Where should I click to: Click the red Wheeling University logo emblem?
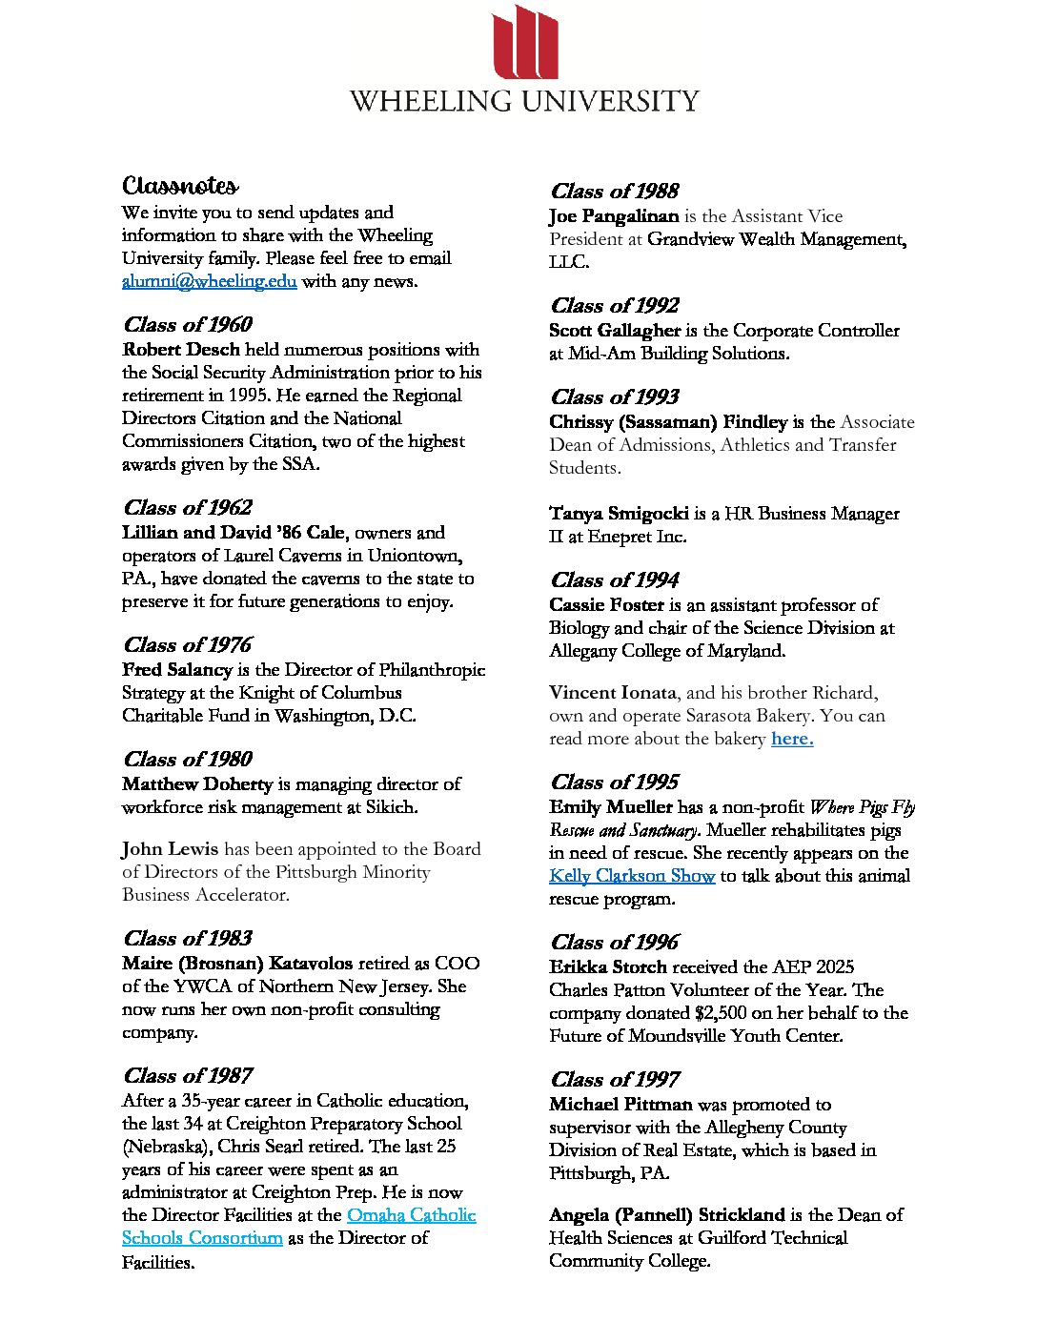coord(525,43)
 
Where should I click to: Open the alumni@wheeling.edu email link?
coord(209,281)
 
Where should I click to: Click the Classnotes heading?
coord(180,185)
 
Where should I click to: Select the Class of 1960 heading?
coord(187,325)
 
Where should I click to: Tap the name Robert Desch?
coord(181,350)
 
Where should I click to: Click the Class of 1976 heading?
coord(187,645)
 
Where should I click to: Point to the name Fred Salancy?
coord(177,670)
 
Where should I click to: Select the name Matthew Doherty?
coord(197,784)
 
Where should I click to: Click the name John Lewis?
coord(170,849)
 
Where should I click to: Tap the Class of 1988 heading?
coord(614,192)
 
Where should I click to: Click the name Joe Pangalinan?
coord(614,216)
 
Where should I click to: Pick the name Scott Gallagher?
coord(615,331)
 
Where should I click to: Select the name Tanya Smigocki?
coord(619,514)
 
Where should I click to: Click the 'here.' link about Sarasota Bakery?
coord(792,739)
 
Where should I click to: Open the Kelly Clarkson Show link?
coord(631,876)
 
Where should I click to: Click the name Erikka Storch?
coord(608,967)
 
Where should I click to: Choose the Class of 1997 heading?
coord(614,1080)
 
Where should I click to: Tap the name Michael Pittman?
coord(620,1105)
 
